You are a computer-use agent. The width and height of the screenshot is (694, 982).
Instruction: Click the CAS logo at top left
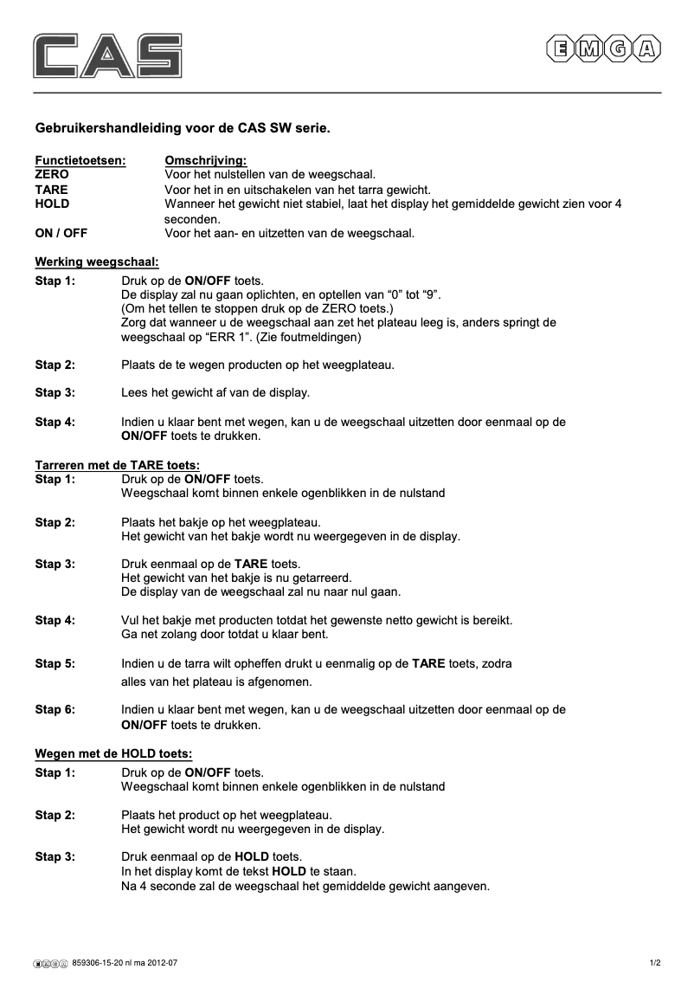tap(108, 55)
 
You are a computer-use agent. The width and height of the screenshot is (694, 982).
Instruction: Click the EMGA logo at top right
tap(603, 50)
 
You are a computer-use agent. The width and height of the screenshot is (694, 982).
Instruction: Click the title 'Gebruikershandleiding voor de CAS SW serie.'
tap(182, 127)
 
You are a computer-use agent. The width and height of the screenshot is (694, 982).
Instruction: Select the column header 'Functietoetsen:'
tap(80, 160)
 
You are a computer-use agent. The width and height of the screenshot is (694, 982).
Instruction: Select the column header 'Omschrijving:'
tap(205, 160)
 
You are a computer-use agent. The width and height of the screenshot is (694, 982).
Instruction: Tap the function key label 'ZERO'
tap(52, 174)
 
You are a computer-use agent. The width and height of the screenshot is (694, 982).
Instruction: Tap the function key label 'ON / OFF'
tap(61, 233)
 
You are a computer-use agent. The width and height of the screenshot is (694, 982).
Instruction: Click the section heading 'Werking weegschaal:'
tap(97, 262)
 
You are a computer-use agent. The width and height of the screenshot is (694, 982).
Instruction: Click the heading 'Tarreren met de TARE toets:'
tap(117, 465)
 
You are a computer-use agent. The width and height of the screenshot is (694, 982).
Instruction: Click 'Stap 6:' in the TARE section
tap(55, 709)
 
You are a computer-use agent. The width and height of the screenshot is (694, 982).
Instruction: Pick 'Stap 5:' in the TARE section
tap(55, 663)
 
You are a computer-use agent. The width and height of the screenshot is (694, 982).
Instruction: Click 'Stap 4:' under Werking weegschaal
tap(55, 422)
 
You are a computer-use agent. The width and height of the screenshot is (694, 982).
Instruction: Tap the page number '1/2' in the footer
tap(655, 962)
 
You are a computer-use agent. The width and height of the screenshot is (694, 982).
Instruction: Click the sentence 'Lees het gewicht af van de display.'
tap(215, 393)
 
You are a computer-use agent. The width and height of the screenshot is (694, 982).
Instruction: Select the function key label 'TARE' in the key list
tap(51, 189)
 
